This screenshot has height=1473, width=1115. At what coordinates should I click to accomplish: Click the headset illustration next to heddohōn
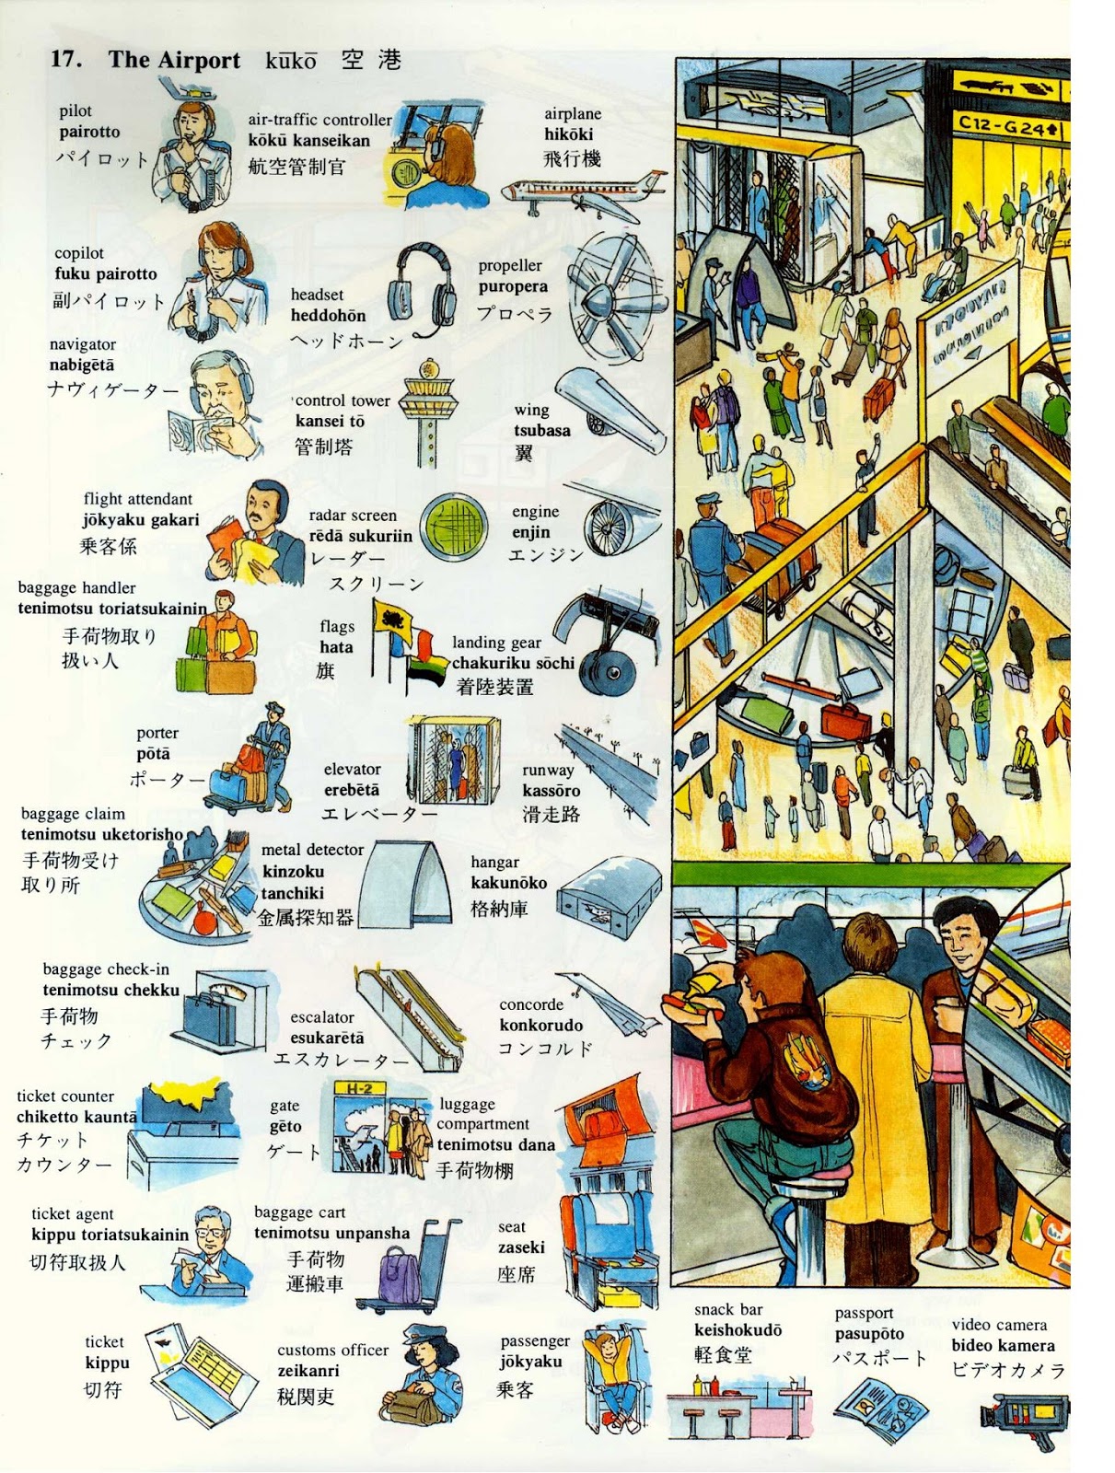(423, 287)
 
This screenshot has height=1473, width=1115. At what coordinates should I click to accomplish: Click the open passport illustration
(879, 1409)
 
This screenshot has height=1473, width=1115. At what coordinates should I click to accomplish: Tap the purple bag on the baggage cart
(400, 1274)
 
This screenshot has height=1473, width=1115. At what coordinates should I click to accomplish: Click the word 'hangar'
(495, 863)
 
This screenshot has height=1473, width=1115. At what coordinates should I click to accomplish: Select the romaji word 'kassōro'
(551, 791)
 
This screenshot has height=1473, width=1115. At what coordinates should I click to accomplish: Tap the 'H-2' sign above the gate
(359, 1089)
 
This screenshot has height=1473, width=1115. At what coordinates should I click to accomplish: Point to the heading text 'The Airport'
(174, 61)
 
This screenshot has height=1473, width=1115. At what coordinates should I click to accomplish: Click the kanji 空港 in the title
(371, 61)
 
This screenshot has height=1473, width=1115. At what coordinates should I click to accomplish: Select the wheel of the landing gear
(609, 673)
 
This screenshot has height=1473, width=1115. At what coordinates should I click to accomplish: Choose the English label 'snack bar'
(728, 1309)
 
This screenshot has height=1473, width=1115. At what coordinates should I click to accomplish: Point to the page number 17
(65, 60)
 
